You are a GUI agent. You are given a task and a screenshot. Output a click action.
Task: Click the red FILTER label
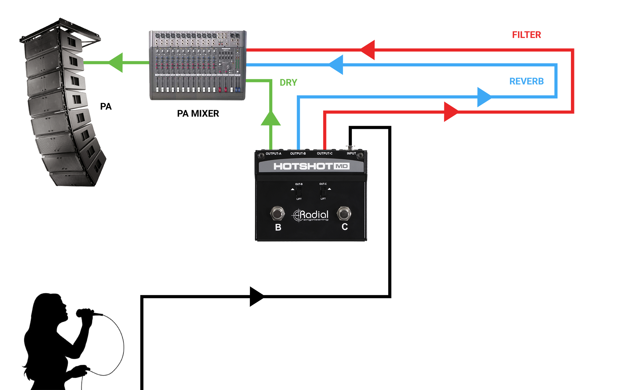click(x=526, y=35)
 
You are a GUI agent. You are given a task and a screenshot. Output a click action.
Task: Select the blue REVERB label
click(x=526, y=81)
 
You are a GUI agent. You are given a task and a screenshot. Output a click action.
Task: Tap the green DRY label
click(x=288, y=82)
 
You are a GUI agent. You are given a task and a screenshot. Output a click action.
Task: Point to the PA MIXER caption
click(x=198, y=113)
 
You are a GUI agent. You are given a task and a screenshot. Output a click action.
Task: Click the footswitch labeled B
click(x=277, y=214)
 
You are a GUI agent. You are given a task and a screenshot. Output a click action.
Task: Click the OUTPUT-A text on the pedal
click(x=273, y=154)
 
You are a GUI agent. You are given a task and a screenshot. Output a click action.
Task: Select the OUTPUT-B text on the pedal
click(x=298, y=154)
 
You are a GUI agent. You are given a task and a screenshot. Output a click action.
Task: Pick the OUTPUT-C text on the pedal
click(x=324, y=154)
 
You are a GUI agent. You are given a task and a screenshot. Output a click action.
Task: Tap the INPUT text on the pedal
click(x=351, y=154)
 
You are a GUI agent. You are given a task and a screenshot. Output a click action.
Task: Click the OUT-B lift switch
click(x=299, y=191)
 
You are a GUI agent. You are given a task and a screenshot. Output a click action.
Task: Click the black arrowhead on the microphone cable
click(x=257, y=296)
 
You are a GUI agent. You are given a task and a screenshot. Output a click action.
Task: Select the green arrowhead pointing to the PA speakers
click(x=116, y=63)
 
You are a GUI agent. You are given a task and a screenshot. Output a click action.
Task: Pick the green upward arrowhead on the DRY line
click(x=271, y=119)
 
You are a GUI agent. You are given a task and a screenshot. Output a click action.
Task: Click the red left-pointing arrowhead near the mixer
click(x=368, y=50)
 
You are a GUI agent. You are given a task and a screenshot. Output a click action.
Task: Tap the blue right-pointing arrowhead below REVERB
click(x=484, y=97)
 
